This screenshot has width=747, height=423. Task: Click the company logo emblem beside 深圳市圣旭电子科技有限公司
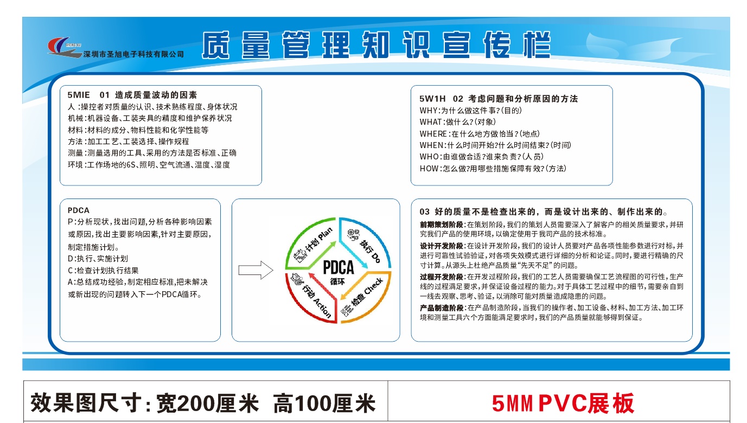pyautogui.click(x=65, y=47)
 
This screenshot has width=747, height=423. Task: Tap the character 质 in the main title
pyautogui.click(x=215, y=46)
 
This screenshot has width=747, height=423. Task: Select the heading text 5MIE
pyautogui.click(x=78, y=95)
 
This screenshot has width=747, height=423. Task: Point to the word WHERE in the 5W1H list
pyautogui.click(x=433, y=133)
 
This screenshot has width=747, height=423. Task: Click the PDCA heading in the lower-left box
pyautogui.click(x=78, y=210)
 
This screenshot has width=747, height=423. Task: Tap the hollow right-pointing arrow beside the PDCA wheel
pyautogui.click(x=256, y=270)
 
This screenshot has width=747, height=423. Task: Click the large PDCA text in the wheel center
pyautogui.click(x=338, y=267)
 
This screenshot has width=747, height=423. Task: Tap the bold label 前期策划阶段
pyautogui.click(x=441, y=225)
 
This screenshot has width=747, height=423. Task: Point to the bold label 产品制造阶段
pyautogui.click(x=441, y=307)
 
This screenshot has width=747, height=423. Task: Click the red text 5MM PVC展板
pyautogui.click(x=563, y=403)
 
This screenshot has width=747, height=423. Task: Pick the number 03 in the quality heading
pyautogui.click(x=425, y=211)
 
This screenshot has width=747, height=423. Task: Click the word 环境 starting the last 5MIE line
pyautogui.click(x=75, y=165)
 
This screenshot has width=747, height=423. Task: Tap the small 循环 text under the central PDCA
pyautogui.click(x=337, y=281)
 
